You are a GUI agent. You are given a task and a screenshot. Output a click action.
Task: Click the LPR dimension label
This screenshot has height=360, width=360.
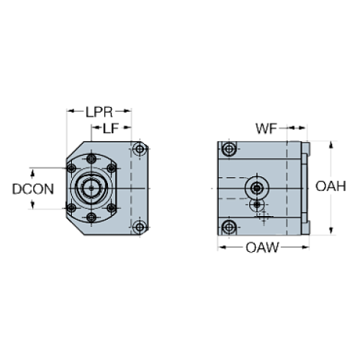pos(99,112)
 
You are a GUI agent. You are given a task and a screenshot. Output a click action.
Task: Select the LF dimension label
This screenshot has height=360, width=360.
pos(110,128)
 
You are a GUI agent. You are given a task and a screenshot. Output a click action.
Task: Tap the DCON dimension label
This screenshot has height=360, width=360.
pos(32,189)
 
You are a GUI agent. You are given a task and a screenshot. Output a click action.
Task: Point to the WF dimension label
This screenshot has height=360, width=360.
pos(264,130)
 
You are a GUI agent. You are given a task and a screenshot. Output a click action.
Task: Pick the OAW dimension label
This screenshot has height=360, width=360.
pos(262,248)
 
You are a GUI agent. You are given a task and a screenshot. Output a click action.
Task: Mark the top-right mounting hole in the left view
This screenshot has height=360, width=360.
pos(140,151)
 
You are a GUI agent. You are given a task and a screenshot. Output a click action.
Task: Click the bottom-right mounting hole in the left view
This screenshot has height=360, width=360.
pos(140,225)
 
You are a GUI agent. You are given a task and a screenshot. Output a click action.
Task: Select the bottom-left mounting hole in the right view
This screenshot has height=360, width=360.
pos(230,226)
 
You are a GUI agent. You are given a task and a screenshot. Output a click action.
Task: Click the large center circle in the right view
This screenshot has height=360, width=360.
pos(256,185)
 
